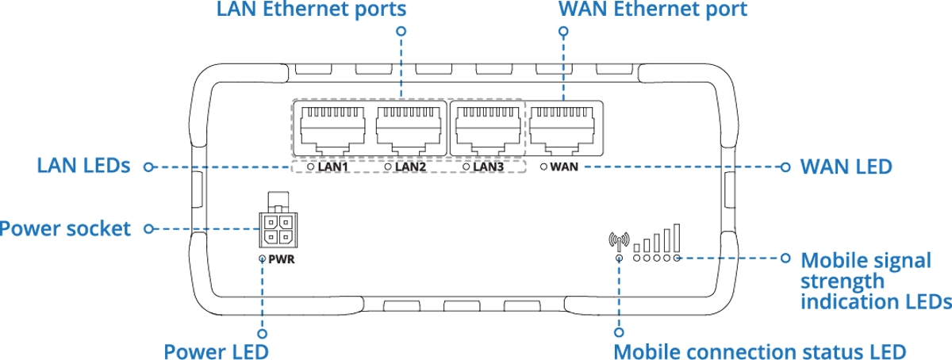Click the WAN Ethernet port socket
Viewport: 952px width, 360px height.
click(x=564, y=128)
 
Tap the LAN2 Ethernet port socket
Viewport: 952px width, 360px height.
click(x=409, y=128)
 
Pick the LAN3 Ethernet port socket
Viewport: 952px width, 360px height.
click(x=486, y=128)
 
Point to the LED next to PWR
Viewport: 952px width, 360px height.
click(x=263, y=259)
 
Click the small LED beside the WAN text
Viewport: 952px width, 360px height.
click(x=543, y=167)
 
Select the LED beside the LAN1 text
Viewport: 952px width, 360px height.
click(x=311, y=167)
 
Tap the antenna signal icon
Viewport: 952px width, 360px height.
click(x=618, y=239)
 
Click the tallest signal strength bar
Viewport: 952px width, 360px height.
click(x=677, y=237)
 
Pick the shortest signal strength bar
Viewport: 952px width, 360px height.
click(x=637, y=247)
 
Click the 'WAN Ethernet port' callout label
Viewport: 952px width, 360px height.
click(x=652, y=10)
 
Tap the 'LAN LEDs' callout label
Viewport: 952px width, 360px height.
click(x=83, y=167)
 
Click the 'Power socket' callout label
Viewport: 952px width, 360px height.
click(x=65, y=229)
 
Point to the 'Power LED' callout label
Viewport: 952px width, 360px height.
click(x=216, y=350)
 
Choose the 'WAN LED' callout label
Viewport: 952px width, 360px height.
click(x=846, y=167)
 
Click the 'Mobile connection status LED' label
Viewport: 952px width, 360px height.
click(x=759, y=350)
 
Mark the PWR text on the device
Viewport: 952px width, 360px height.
click(x=282, y=259)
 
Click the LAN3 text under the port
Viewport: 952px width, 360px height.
click(x=488, y=167)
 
